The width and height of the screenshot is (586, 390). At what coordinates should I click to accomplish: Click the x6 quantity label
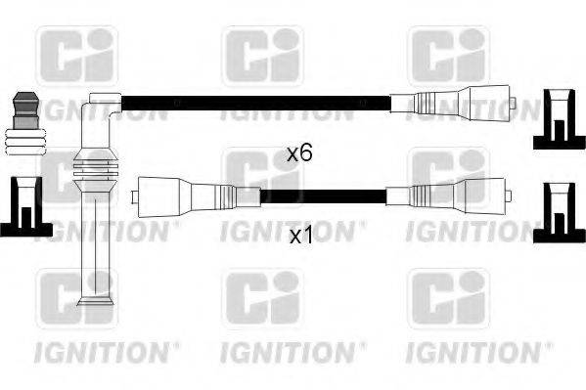(x=298, y=152)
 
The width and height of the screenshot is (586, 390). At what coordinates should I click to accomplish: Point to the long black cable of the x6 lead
(x=254, y=100)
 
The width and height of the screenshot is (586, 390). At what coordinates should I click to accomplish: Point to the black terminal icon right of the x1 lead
(x=559, y=211)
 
